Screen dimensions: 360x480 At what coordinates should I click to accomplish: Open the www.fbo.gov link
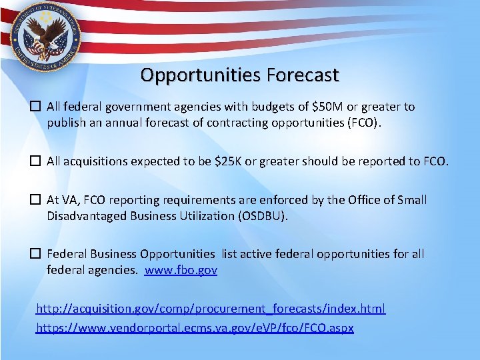(x=181, y=270)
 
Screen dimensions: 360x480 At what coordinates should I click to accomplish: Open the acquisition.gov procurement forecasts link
(x=211, y=309)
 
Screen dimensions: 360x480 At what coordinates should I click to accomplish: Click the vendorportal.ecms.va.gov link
(x=195, y=328)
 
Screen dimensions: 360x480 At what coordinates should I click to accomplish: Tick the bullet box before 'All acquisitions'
(x=37, y=161)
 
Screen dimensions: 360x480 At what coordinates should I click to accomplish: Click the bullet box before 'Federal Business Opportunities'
(x=37, y=254)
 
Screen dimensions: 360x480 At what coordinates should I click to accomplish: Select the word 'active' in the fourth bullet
(x=256, y=254)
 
